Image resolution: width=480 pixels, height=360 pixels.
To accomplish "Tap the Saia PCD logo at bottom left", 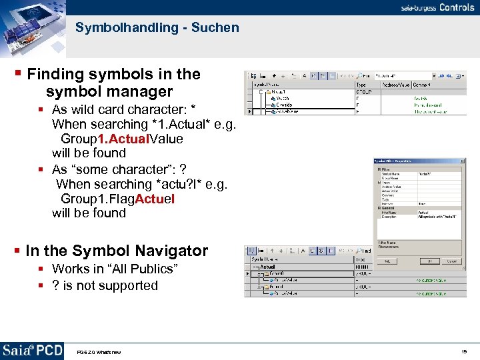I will pyautogui.click(x=32, y=351).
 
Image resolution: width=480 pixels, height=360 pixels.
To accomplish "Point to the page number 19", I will pyautogui.click(x=464, y=351).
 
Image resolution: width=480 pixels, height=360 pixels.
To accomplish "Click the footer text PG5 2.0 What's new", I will pyautogui.click(x=99, y=352).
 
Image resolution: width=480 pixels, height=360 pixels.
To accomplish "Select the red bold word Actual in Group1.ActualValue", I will pyautogui.click(x=125, y=139).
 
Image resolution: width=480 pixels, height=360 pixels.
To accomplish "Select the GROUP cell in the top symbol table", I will pyautogui.click(x=364, y=91).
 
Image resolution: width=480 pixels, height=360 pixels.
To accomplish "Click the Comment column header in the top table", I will pyautogui.click(x=422, y=85).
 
